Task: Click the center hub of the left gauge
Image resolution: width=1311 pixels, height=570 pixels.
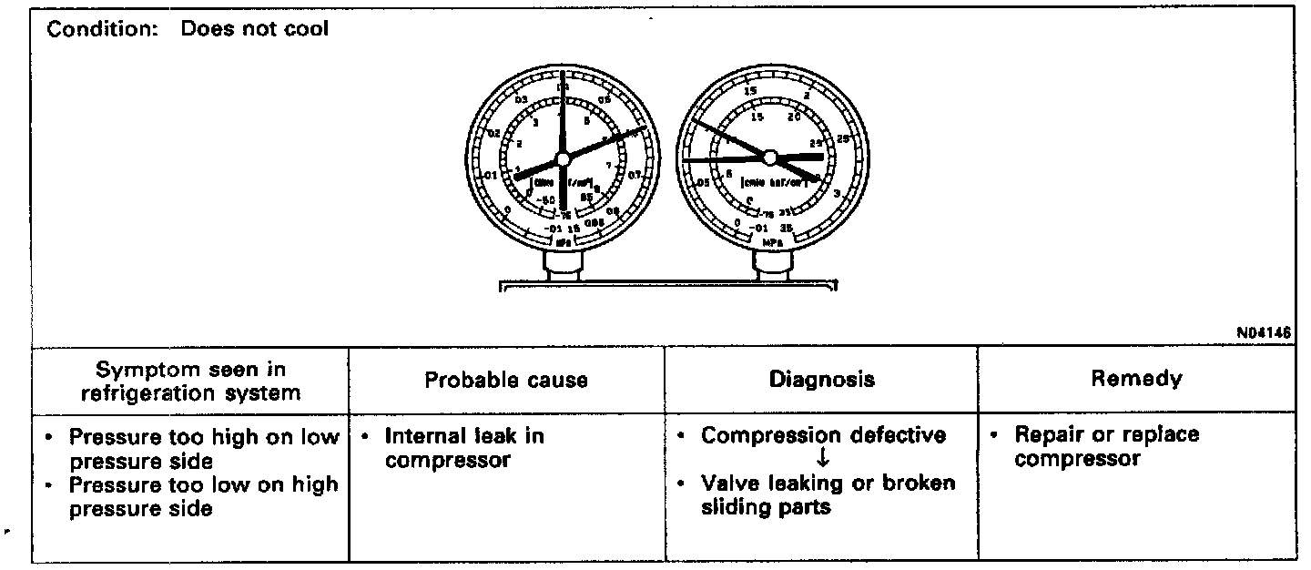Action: click(562, 158)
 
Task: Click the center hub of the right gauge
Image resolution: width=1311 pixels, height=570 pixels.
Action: click(769, 158)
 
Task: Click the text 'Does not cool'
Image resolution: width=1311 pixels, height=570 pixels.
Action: click(255, 28)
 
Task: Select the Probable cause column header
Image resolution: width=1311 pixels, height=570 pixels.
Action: click(506, 380)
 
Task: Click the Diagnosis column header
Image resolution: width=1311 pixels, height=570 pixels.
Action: click(821, 380)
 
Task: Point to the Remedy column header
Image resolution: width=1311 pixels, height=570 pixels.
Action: click(1136, 379)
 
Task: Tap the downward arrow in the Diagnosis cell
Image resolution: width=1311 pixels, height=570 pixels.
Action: click(823, 460)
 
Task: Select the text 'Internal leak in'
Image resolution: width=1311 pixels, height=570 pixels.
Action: click(464, 435)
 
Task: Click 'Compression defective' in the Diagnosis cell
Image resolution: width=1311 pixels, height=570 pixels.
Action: click(823, 435)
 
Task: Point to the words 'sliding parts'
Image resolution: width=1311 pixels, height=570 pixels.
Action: click(766, 507)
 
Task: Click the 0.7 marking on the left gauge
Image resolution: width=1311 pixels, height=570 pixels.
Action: click(635, 174)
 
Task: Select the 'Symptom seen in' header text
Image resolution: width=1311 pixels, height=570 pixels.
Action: click(190, 369)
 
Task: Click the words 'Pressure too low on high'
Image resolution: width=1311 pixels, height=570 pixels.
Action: click(203, 484)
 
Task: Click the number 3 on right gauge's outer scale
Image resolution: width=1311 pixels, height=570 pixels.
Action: click(837, 192)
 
